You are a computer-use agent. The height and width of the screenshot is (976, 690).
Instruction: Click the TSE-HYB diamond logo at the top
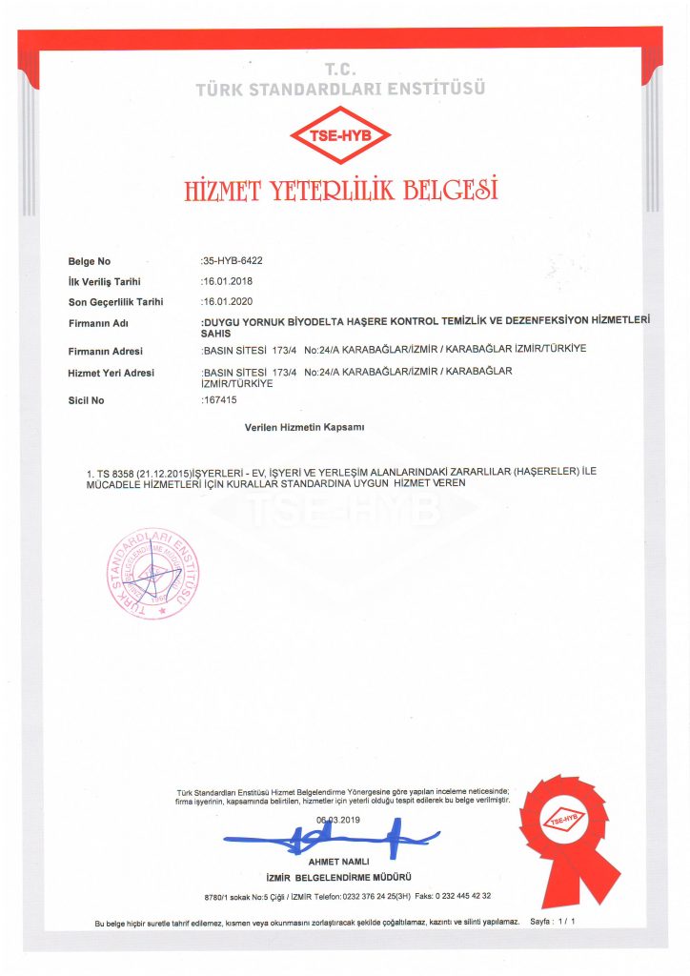(340, 135)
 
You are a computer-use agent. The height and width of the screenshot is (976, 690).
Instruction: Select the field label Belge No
(90, 261)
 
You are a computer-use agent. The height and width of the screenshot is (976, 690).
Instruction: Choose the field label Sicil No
(87, 400)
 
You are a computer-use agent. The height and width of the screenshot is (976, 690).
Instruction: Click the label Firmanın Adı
(98, 324)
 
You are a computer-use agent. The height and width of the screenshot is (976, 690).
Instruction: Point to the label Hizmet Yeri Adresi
(111, 373)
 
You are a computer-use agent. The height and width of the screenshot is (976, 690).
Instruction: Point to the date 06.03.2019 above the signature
(338, 820)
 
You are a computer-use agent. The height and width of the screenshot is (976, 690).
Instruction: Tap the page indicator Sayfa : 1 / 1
(553, 923)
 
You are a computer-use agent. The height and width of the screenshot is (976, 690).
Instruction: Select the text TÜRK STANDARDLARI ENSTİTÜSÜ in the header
(340, 89)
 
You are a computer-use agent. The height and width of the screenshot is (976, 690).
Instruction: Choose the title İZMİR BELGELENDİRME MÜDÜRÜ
(339, 876)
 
